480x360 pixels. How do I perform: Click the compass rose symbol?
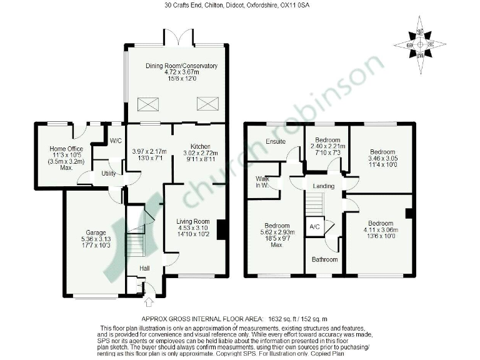419,45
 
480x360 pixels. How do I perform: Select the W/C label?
116,141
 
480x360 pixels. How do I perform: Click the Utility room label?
108,173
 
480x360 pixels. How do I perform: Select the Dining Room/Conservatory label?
181,66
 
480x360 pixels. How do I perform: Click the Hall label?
144,268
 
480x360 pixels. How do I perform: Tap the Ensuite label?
276,142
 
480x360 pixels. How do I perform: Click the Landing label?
324,186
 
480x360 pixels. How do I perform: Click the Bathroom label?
325,259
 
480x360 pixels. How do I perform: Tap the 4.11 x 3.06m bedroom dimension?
380,230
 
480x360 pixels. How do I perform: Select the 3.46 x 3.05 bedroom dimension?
382,159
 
